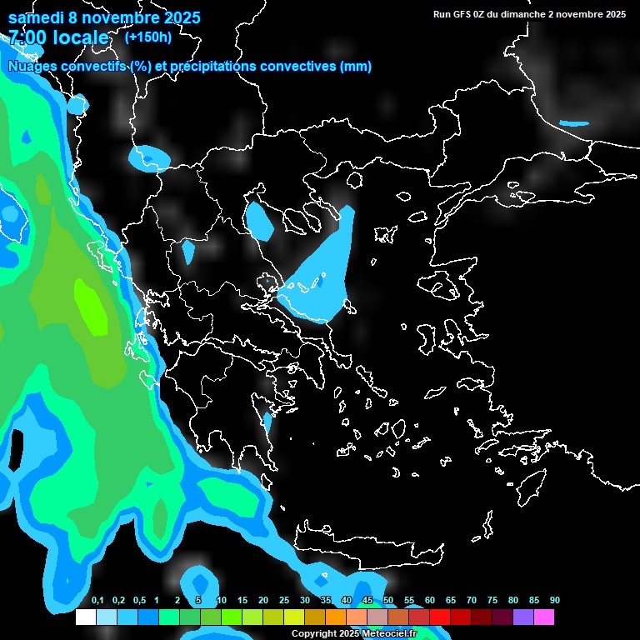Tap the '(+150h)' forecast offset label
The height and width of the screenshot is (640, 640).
[x=148, y=37]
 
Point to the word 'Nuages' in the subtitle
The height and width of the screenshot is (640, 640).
[x=31, y=67]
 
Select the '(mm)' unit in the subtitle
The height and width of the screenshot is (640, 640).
[x=356, y=67]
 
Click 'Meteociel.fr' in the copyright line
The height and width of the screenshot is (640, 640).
[x=389, y=634]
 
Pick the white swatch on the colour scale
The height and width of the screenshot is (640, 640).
[x=86, y=617]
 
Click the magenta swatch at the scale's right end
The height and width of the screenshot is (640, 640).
[x=544, y=617]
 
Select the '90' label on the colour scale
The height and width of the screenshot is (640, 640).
[x=555, y=601]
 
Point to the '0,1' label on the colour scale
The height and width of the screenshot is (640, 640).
[x=97, y=601]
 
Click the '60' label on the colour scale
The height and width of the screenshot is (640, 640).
[x=430, y=601]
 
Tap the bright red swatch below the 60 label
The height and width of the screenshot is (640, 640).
[x=440, y=617]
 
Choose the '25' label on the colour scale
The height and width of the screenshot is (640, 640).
[x=284, y=601]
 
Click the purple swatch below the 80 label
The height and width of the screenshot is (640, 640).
[x=523, y=617]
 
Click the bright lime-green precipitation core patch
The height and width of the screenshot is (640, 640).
[x=92, y=308]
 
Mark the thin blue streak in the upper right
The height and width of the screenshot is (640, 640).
[x=573, y=123]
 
